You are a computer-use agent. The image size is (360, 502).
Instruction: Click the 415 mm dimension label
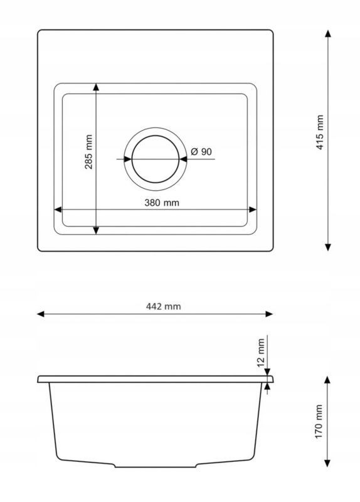320,132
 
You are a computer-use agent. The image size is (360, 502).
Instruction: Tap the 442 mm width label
163,306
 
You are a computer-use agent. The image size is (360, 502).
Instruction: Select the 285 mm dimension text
88,152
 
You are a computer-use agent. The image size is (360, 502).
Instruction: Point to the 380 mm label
162,203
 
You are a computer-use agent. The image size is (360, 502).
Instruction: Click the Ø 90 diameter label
201,151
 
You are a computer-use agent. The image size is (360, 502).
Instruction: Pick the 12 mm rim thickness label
261,353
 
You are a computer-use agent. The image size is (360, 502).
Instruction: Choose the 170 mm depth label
319,421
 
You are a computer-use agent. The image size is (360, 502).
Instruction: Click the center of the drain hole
156,159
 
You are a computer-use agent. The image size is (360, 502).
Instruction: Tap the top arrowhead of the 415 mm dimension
327,34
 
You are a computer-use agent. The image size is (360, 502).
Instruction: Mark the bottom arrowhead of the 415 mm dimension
327,247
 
